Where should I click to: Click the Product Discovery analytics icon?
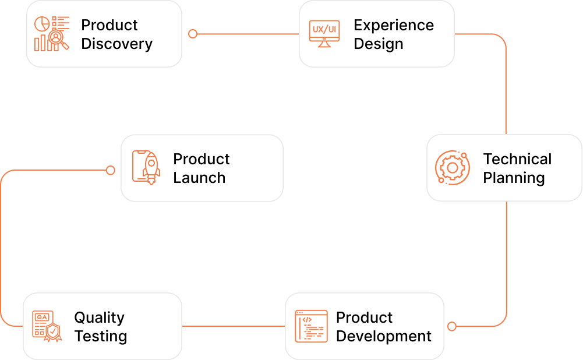pyautogui.click(x=52, y=33)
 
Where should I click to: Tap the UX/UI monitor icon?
pyautogui.click(x=324, y=34)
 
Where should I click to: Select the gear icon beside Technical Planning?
pyautogui.click(x=452, y=168)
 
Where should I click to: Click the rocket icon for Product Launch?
pyautogui.click(x=146, y=168)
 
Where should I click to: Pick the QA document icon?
pyautogui.click(x=47, y=326)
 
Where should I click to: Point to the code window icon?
pyautogui.click(x=311, y=326)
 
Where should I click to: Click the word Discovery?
pyautogui.click(x=116, y=44)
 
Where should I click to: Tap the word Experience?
pyautogui.click(x=394, y=25)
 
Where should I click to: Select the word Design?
pyautogui.click(x=379, y=44)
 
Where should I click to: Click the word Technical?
pyautogui.click(x=517, y=159)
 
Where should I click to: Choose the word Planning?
pyautogui.click(x=514, y=178)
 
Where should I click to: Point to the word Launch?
pyautogui.click(x=199, y=178)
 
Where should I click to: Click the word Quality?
pyautogui.click(x=99, y=318)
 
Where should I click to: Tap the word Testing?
pyautogui.click(x=101, y=337)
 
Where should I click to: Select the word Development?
pyautogui.click(x=384, y=336)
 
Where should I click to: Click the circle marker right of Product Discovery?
pyautogui.click(x=193, y=34)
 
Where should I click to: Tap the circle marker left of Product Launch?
pyautogui.click(x=111, y=170)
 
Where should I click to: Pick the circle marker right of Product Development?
pyautogui.click(x=452, y=327)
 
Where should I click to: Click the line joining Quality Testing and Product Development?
pyautogui.click(x=234, y=326)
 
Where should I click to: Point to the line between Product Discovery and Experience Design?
pyautogui.click(x=248, y=34)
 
